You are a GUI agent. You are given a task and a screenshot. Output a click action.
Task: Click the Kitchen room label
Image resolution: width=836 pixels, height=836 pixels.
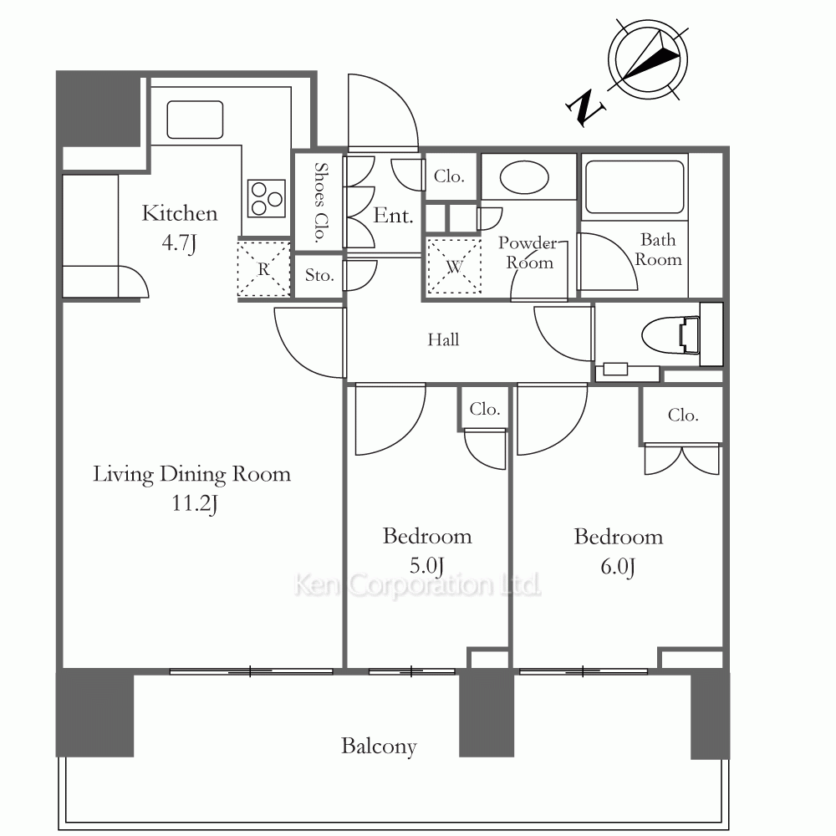click(180, 214)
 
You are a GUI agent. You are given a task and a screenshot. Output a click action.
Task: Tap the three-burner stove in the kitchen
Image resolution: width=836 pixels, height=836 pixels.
click(267, 198)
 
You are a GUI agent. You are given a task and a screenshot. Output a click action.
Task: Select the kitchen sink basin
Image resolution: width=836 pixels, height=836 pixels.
click(195, 120)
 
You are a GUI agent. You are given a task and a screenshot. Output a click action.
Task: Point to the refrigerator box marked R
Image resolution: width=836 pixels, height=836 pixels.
click(263, 268)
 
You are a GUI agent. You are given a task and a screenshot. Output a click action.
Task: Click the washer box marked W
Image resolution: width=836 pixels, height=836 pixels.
click(454, 266)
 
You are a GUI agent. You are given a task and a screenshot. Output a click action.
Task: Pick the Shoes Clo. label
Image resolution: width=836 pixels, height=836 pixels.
click(320, 202)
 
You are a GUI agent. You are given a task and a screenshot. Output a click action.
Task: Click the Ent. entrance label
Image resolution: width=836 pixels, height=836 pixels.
click(393, 216)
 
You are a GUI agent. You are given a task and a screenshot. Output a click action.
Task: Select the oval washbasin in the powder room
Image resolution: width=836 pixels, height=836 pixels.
click(524, 178)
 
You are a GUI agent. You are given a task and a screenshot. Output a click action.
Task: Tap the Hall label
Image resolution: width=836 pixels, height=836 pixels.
click(443, 339)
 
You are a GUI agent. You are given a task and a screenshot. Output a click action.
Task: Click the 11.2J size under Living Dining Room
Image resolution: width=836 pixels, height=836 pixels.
click(195, 504)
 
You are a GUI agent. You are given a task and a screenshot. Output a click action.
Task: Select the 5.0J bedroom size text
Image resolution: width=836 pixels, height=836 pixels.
click(427, 566)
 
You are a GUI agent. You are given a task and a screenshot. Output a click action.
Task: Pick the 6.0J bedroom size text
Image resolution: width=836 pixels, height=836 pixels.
click(618, 567)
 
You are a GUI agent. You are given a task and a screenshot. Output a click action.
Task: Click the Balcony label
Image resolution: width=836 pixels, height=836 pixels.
click(379, 747)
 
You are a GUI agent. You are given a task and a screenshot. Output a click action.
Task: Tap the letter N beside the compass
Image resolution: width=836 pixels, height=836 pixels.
click(585, 108)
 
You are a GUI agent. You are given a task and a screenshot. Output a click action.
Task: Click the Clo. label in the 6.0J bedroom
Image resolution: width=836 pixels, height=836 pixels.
click(683, 415)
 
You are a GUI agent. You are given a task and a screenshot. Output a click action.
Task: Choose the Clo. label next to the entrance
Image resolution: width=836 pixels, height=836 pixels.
click(449, 176)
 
